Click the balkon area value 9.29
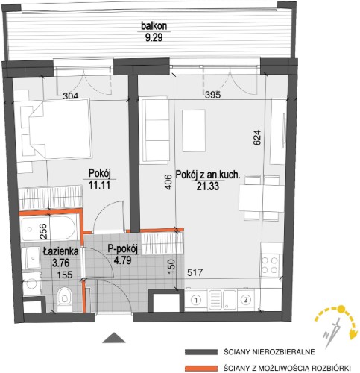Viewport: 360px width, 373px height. tap(154, 37)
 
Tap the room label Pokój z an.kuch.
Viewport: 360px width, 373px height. tap(208, 175)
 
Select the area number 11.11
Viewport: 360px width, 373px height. tap(99, 185)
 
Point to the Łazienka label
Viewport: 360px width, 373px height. tap(61, 251)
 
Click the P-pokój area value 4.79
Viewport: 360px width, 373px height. tap(122, 260)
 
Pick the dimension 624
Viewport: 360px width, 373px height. tap(257, 137)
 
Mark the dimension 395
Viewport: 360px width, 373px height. tap(212, 95)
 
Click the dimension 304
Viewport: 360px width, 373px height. tap(71, 95)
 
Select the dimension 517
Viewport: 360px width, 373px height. tap(195, 272)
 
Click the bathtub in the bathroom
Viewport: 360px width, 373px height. tap(48, 229)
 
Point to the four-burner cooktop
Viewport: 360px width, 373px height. tap(270, 265)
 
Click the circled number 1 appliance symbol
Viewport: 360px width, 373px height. tap(196, 300)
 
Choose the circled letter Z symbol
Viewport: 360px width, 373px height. tap(246, 300)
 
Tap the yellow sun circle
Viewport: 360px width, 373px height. tap(341, 310)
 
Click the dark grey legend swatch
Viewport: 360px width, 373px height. tap(200, 352)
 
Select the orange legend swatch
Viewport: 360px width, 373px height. tap(200, 368)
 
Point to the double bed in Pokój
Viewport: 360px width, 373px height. tap(60, 128)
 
